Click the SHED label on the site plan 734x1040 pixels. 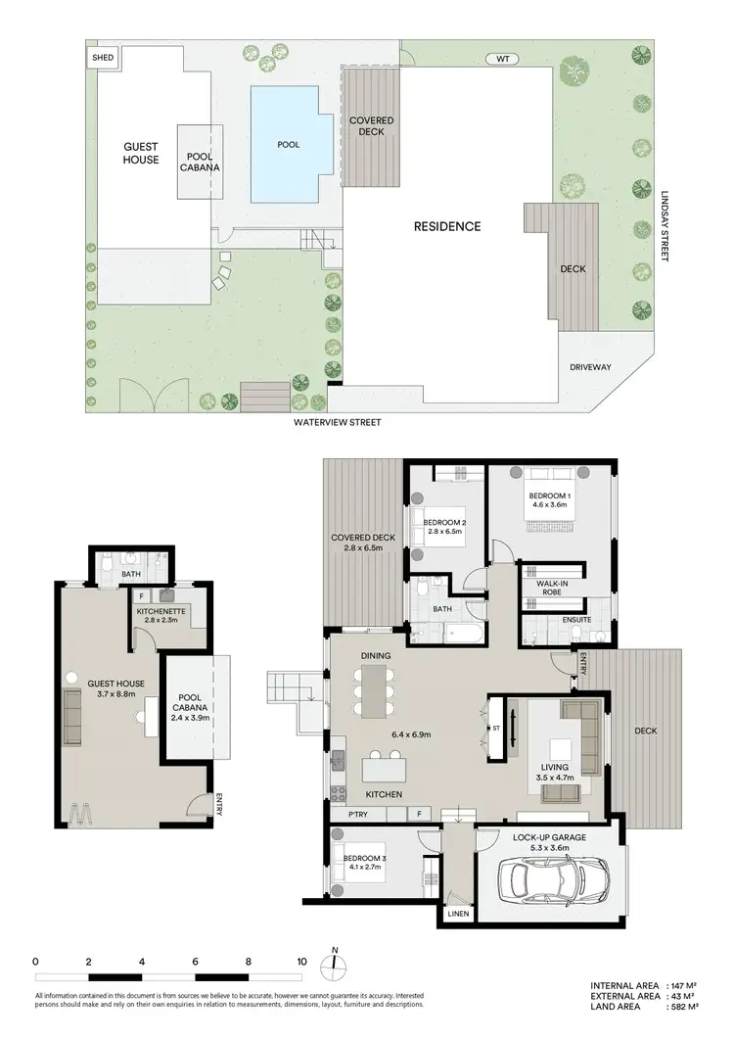tap(103, 58)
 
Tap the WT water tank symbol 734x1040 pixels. tap(503, 59)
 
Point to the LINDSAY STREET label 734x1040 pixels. tap(664, 225)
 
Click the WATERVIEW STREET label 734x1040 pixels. tap(336, 423)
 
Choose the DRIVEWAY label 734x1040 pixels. tap(590, 367)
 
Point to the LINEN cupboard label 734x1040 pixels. tap(458, 914)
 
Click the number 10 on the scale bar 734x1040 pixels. tap(301, 961)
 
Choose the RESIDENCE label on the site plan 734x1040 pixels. tap(446, 226)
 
